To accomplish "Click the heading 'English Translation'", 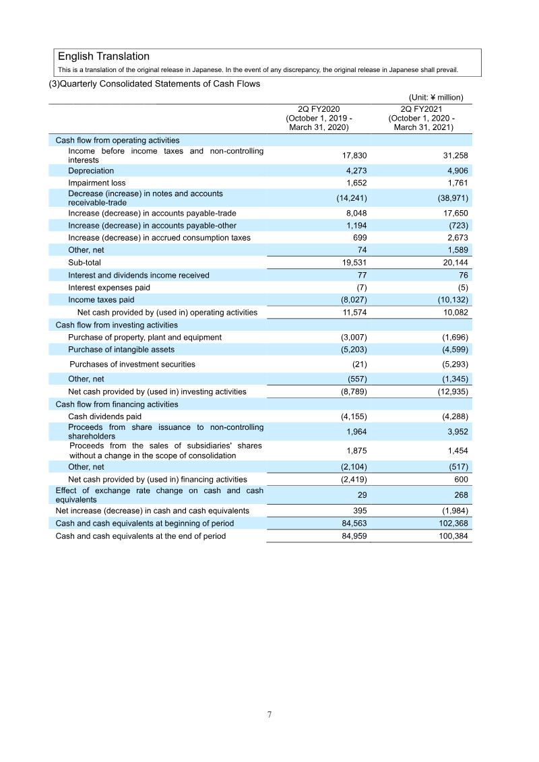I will (104, 57).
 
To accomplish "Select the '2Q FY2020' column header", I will (319, 108).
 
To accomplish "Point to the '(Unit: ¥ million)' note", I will (436, 97).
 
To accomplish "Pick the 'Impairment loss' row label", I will (96, 183).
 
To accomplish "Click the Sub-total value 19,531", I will (354, 262).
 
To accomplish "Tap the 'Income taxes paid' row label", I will (101, 300).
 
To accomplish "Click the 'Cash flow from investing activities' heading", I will (117, 325).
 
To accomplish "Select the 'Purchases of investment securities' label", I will (133, 364).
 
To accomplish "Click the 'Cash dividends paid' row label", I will (105, 417).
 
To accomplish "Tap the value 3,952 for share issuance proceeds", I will (455, 432).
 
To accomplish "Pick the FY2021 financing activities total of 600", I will (462, 480).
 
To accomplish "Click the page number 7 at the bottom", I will (269, 715).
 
